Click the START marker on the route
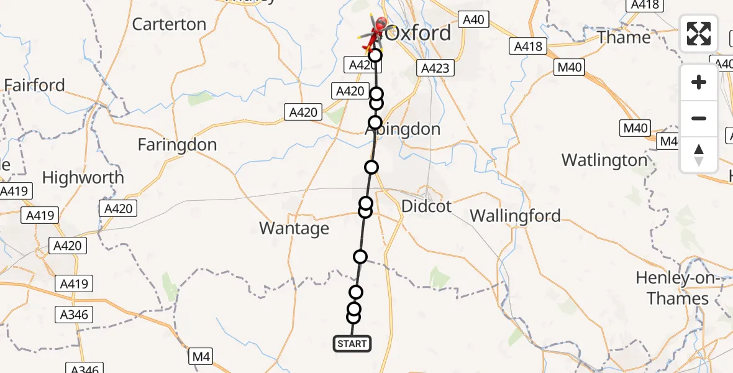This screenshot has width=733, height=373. [353, 344]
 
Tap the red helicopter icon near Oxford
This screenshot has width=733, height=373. [373, 32]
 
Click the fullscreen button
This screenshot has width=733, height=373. [699, 34]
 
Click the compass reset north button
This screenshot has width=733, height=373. [699, 155]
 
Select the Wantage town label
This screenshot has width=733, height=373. [294, 229]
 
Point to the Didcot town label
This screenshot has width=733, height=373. [427, 206]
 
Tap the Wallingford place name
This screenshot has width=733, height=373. [515, 216]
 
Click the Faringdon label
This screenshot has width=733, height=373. [177, 145]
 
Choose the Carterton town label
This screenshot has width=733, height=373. [169, 24]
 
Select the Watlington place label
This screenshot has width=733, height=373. [604, 160]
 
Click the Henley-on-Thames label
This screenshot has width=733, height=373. [677, 288]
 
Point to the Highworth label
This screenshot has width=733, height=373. [83, 178]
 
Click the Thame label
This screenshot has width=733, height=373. [624, 37]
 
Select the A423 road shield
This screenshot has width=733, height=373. [435, 68]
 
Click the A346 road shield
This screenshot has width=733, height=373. [74, 314]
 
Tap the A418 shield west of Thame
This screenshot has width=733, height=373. [529, 46]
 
